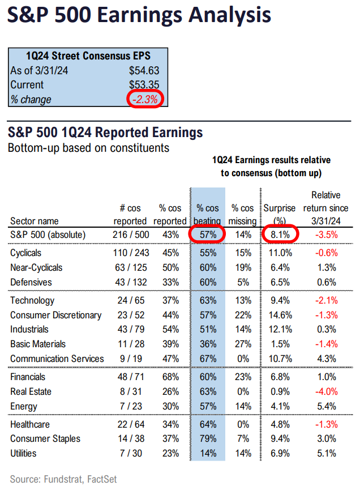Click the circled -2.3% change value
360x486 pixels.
point(145,99)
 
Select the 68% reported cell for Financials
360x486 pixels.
point(171,377)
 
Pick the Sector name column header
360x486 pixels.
point(35,221)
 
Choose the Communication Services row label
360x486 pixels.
point(57,359)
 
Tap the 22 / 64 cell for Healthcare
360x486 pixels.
point(127,424)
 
